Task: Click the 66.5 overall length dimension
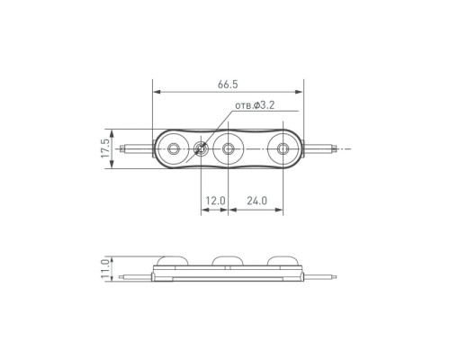[228, 85]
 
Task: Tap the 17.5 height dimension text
[105, 148]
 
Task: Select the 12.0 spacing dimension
[215, 201]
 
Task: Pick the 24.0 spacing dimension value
[256, 201]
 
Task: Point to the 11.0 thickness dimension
[105, 269]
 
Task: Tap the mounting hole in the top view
[201, 148]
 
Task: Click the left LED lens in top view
[173, 148]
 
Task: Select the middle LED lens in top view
[228, 148]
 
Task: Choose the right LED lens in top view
[283, 148]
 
